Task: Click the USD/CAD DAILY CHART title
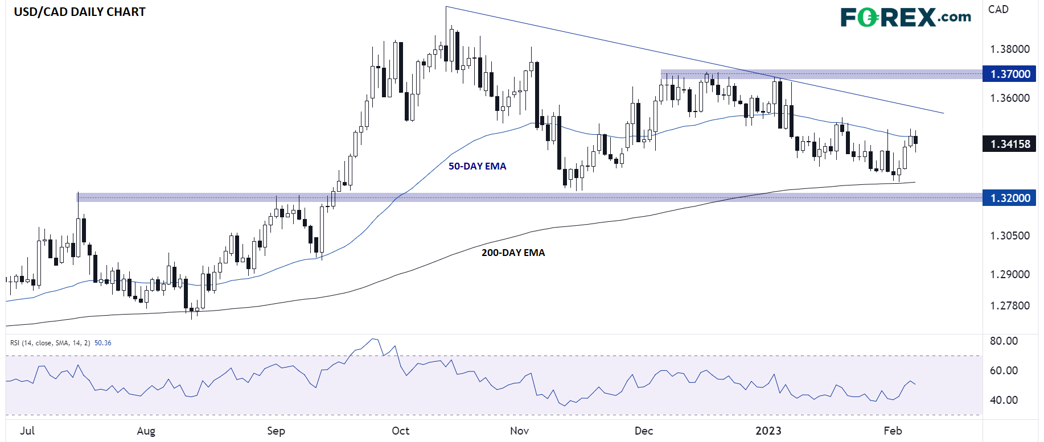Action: (x=80, y=12)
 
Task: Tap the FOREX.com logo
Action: (x=906, y=17)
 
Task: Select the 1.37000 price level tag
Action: (x=1010, y=74)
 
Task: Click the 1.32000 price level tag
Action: (x=1010, y=198)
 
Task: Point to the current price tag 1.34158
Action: (x=1010, y=144)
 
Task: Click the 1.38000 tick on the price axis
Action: (x=1010, y=49)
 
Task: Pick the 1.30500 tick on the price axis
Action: (x=1010, y=236)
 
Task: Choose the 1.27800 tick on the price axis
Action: (x=1010, y=305)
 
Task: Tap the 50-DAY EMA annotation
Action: (x=477, y=166)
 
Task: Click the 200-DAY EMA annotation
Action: (x=513, y=253)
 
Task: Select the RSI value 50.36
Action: (x=103, y=343)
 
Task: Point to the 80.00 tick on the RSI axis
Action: (x=1004, y=341)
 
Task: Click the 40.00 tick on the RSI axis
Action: (x=1004, y=400)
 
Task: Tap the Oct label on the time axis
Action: (x=400, y=431)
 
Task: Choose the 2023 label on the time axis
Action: (x=768, y=431)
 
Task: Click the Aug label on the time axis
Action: (x=146, y=431)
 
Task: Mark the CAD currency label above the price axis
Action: (x=998, y=9)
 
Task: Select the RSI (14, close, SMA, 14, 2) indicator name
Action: (x=50, y=343)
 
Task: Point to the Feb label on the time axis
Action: (x=893, y=431)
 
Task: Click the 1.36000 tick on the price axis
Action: (x=1010, y=98)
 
